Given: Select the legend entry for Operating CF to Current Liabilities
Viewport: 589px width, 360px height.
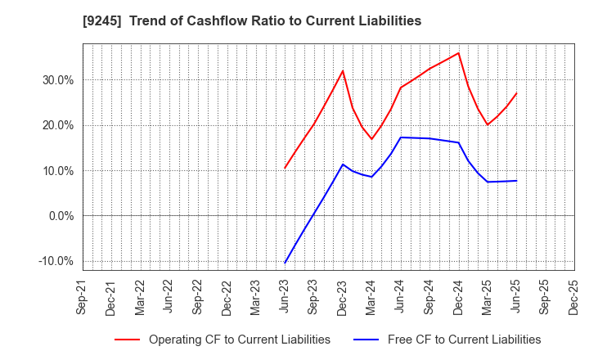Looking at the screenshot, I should (239, 340).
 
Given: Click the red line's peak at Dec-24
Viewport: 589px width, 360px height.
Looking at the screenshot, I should (458, 53).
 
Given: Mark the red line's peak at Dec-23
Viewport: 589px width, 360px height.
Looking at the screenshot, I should (343, 70).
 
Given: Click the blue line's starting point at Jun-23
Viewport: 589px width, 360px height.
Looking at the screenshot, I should (285, 263).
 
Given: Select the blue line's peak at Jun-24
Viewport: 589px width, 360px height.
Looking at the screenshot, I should (401, 137).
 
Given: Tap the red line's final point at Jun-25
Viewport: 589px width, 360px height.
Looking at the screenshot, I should (516, 93).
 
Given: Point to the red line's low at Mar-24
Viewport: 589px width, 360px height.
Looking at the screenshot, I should (371, 139).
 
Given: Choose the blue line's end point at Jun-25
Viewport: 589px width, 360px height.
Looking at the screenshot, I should (516, 181).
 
